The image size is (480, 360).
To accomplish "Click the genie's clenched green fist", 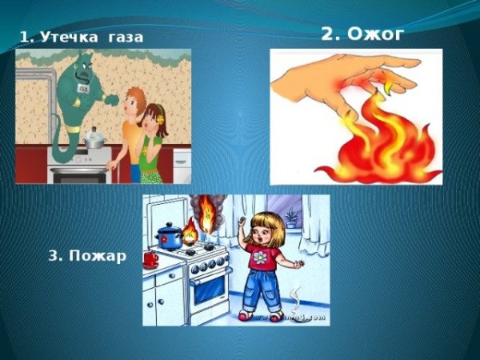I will coord(113,100).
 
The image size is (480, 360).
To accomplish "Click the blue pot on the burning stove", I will coord(170,235).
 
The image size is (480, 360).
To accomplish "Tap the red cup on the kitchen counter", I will coord(150,258).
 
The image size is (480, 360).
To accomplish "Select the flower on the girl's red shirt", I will coord(261,258).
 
